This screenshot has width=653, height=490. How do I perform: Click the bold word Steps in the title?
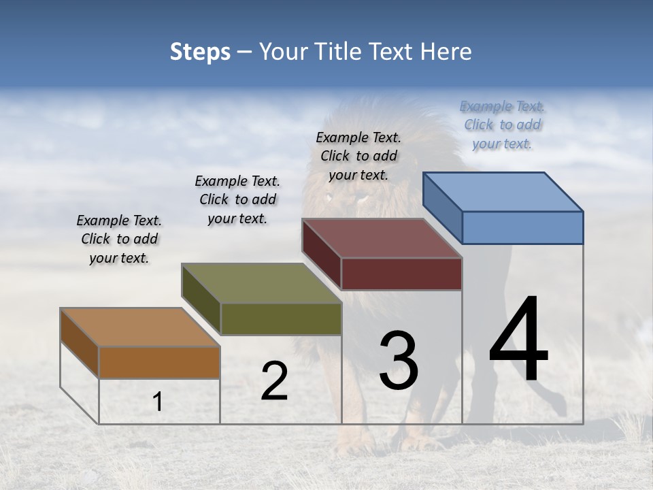click(200, 52)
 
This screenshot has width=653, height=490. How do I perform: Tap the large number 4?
click(518, 340)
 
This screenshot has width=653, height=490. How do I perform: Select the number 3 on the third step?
click(398, 361)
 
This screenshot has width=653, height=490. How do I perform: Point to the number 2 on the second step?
click(274, 381)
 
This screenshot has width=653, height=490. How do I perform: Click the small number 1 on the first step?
click(157, 402)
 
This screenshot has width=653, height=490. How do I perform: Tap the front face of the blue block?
click(522, 227)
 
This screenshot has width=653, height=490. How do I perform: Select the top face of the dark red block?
click(381, 238)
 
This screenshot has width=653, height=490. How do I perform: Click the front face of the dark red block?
click(401, 274)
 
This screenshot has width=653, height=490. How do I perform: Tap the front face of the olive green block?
click(281, 318)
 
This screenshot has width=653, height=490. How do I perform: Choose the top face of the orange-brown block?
click(139, 327)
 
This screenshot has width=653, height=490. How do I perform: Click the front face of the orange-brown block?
click(159, 362)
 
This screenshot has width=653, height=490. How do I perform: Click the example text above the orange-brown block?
click(119, 240)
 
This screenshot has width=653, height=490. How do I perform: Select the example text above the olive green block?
click(237, 199)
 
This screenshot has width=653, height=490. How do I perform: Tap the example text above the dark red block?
click(358, 156)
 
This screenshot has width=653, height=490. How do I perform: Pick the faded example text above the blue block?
click(502, 125)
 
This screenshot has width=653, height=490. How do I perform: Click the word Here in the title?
click(446, 52)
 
